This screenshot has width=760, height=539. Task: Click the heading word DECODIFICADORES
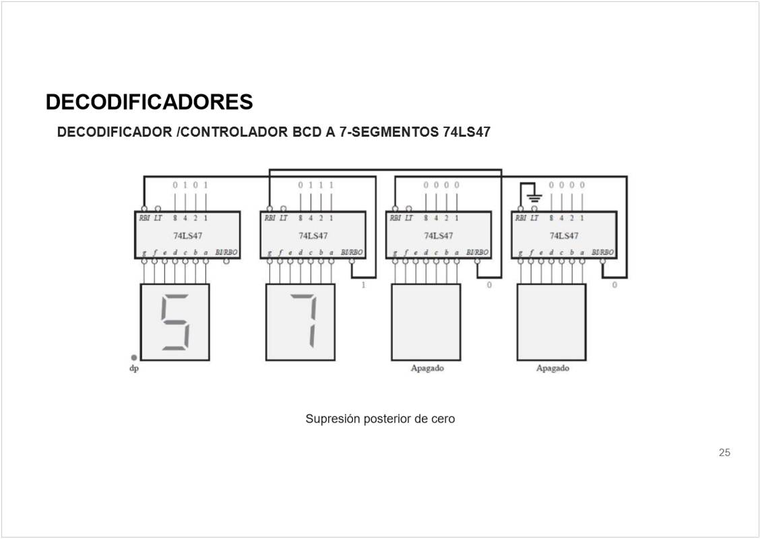click(149, 102)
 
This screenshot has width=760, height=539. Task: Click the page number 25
click(724, 453)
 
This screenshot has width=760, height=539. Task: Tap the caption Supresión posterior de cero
click(380, 419)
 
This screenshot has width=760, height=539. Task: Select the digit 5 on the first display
click(175, 322)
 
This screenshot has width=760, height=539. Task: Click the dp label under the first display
click(133, 369)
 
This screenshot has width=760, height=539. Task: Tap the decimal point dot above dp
click(133, 358)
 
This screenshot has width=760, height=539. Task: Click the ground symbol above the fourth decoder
click(534, 197)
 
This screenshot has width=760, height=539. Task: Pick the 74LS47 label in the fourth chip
click(564, 236)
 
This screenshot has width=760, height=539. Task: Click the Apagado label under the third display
click(427, 369)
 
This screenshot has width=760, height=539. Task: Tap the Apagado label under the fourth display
click(552, 369)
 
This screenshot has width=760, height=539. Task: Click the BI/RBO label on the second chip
click(351, 253)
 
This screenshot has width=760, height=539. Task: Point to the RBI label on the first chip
click(144, 218)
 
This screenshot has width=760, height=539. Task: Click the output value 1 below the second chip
click(364, 285)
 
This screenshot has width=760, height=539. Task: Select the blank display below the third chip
click(426, 322)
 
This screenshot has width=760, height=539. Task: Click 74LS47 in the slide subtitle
click(466, 132)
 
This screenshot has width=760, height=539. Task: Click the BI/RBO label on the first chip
click(226, 253)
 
